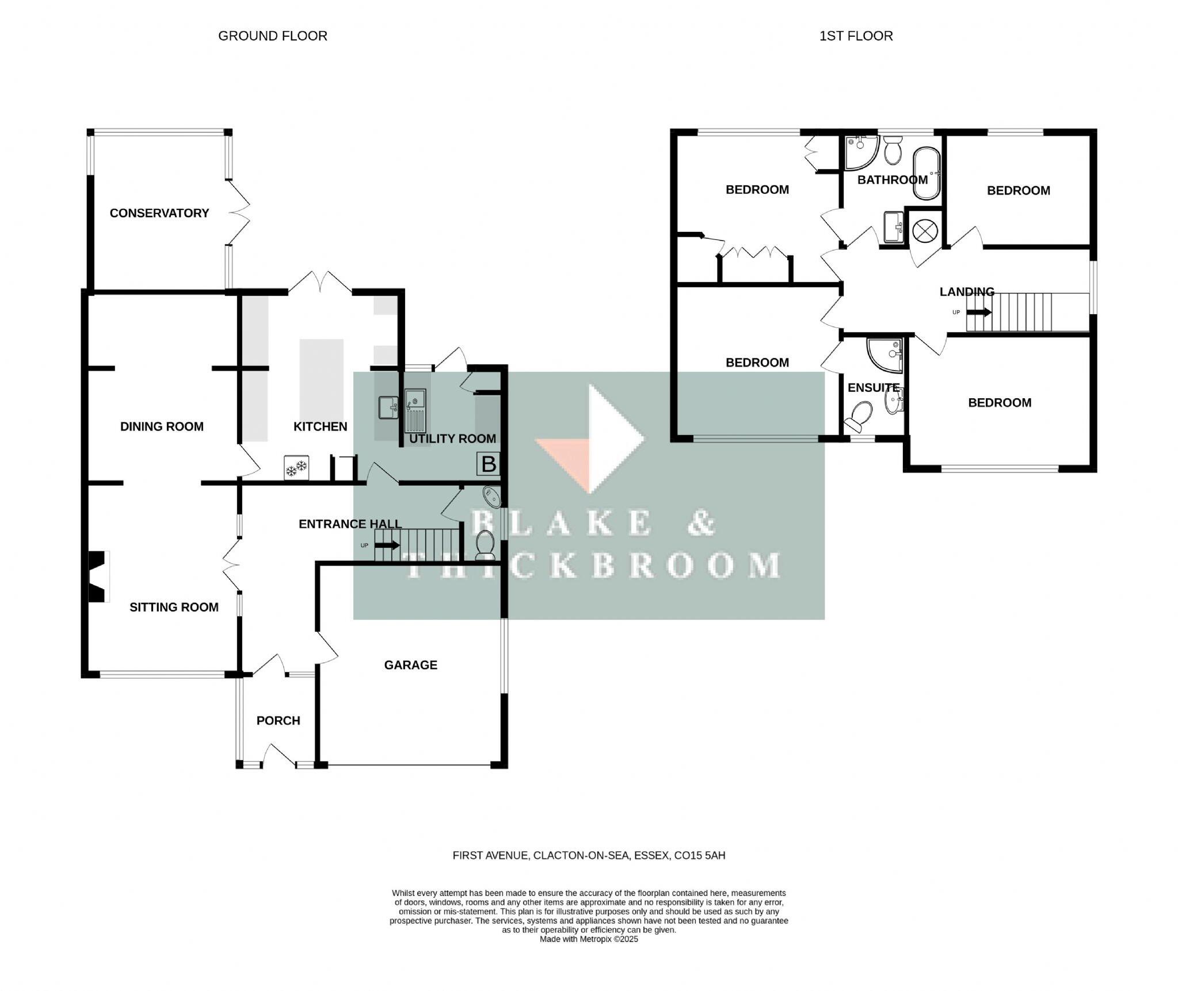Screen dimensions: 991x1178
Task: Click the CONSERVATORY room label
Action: click(159, 214)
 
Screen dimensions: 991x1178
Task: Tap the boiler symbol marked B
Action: click(488, 464)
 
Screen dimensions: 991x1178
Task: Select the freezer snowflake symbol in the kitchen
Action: click(296, 468)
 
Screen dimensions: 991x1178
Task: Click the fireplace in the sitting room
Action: click(98, 577)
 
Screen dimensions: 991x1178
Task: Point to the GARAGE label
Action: click(410, 665)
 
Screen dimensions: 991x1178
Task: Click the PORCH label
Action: click(278, 721)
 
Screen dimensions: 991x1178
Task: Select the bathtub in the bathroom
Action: click(926, 173)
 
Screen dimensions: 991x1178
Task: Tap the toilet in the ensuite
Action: click(859, 417)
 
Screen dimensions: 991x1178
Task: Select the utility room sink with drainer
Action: click(415, 410)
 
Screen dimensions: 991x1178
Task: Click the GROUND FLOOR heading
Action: click(272, 36)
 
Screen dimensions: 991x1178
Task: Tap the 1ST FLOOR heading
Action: click(856, 36)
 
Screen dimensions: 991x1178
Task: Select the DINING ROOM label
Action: click(162, 427)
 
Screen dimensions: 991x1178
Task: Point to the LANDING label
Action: click(967, 292)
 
